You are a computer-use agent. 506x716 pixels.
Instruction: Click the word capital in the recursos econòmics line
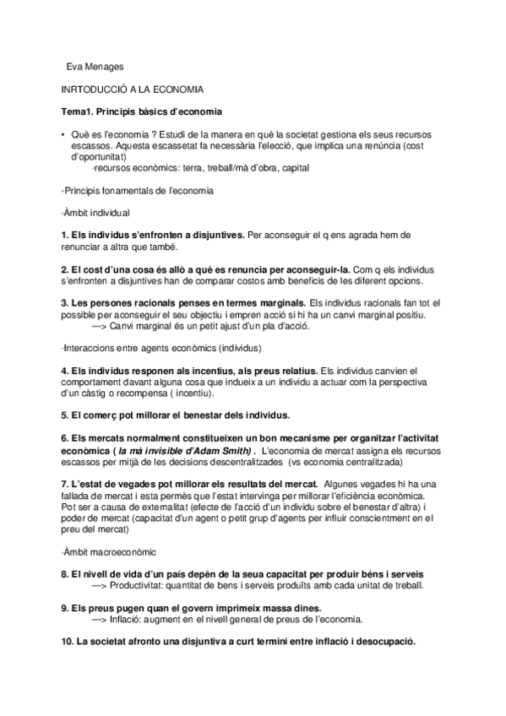click(298, 167)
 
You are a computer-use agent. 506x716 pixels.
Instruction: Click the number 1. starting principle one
click(66, 234)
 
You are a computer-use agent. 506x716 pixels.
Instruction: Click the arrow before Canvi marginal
click(98, 325)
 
